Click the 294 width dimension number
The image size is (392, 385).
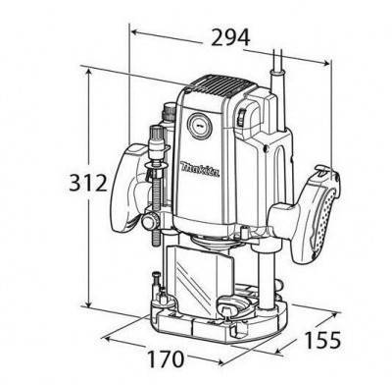[228, 37]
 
